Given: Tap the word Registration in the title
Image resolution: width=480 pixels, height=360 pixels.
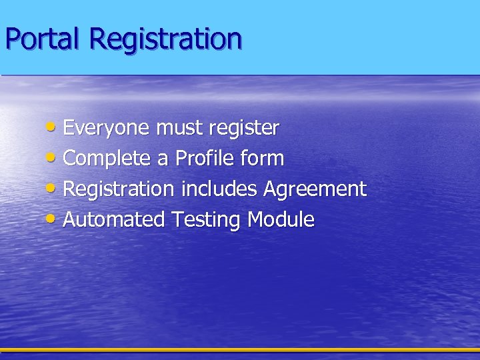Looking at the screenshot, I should tap(167, 40).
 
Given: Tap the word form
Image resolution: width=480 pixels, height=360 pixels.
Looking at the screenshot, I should tap(265, 159).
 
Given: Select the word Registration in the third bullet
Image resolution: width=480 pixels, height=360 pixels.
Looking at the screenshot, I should tap(118, 190).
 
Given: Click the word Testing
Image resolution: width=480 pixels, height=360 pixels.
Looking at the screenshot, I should tap(207, 221).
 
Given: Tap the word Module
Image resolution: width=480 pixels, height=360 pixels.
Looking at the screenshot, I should tap(281, 220).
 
